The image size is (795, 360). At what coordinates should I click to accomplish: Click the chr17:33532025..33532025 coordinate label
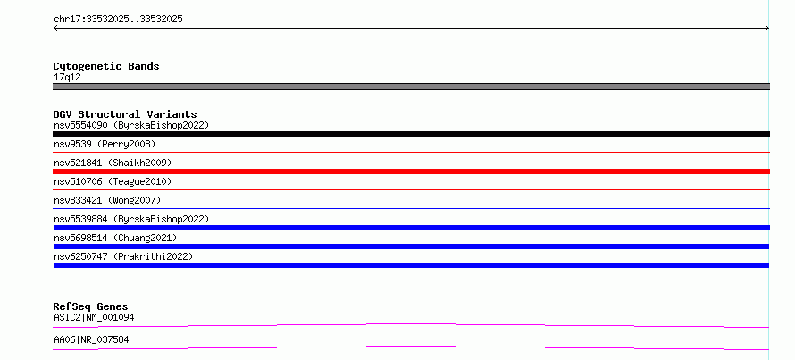(x=118, y=20)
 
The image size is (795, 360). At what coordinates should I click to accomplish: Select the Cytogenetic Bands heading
(x=106, y=66)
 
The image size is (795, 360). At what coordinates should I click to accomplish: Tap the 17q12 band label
(x=67, y=77)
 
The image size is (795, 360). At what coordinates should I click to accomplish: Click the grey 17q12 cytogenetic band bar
(x=411, y=87)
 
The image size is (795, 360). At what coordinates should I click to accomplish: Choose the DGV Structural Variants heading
(x=125, y=114)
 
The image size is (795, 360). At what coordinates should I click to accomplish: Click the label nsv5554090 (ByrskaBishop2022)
(x=131, y=125)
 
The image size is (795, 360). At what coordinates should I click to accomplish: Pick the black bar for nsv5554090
(x=411, y=134)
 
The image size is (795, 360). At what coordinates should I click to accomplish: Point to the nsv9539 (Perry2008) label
(x=105, y=144)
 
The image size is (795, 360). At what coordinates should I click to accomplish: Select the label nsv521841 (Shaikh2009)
(x=113, y=163)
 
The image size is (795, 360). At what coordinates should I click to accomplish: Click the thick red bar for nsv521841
(x=411, y=172)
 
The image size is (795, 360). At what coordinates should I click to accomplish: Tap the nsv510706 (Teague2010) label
(x=113, y=181)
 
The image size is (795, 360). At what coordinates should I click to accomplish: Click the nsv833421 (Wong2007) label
(x=107, y=200)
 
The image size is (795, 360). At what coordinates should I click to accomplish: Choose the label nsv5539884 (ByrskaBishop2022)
(x=131, y=219)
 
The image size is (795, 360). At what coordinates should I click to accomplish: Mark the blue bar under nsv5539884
(x=411, y=228)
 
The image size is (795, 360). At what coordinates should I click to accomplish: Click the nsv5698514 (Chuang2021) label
(x=115, y=238)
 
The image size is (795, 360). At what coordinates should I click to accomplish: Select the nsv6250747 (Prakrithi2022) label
(x=123, y=256)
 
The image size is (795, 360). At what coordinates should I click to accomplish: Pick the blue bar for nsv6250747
(x=411, y=265)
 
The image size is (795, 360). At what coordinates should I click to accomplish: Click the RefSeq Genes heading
(x=90, y=306)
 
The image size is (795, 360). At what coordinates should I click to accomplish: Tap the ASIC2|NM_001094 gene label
(x=94, y=317)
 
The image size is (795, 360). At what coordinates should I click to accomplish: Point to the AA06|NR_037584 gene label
(x=91, y=339)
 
